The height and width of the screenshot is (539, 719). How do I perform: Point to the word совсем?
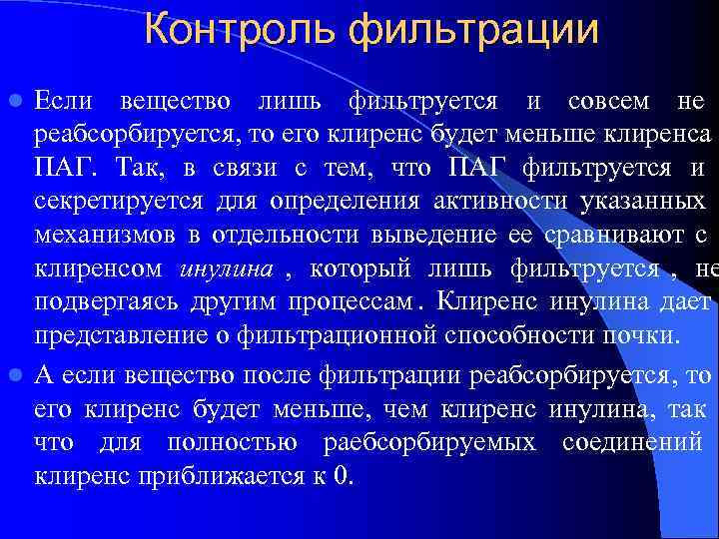608,101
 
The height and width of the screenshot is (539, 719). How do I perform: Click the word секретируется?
119,203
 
